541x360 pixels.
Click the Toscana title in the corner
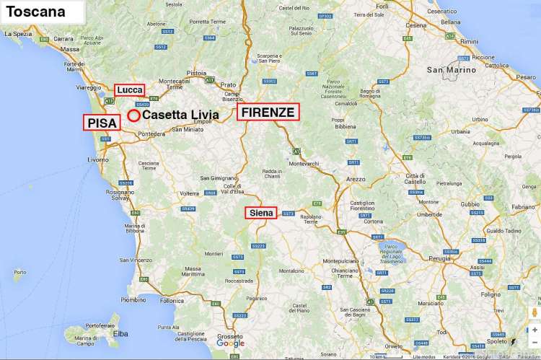pos(36,12)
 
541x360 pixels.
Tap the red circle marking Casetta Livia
pos(133,115)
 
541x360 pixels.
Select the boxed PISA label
pos(102,123)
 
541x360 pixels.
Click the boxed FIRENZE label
pos(268,113)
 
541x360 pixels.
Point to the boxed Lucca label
pos(130,89)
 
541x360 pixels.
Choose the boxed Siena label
pos(260,213)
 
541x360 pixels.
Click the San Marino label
pos(452,70)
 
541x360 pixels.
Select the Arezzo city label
pos(356,178)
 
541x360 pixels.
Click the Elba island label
pos(120,333)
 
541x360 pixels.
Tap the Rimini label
pos(470,42)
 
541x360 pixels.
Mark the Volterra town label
pos(189,193)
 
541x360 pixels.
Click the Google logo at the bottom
pos(230,343)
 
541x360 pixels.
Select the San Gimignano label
pos(218,177)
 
